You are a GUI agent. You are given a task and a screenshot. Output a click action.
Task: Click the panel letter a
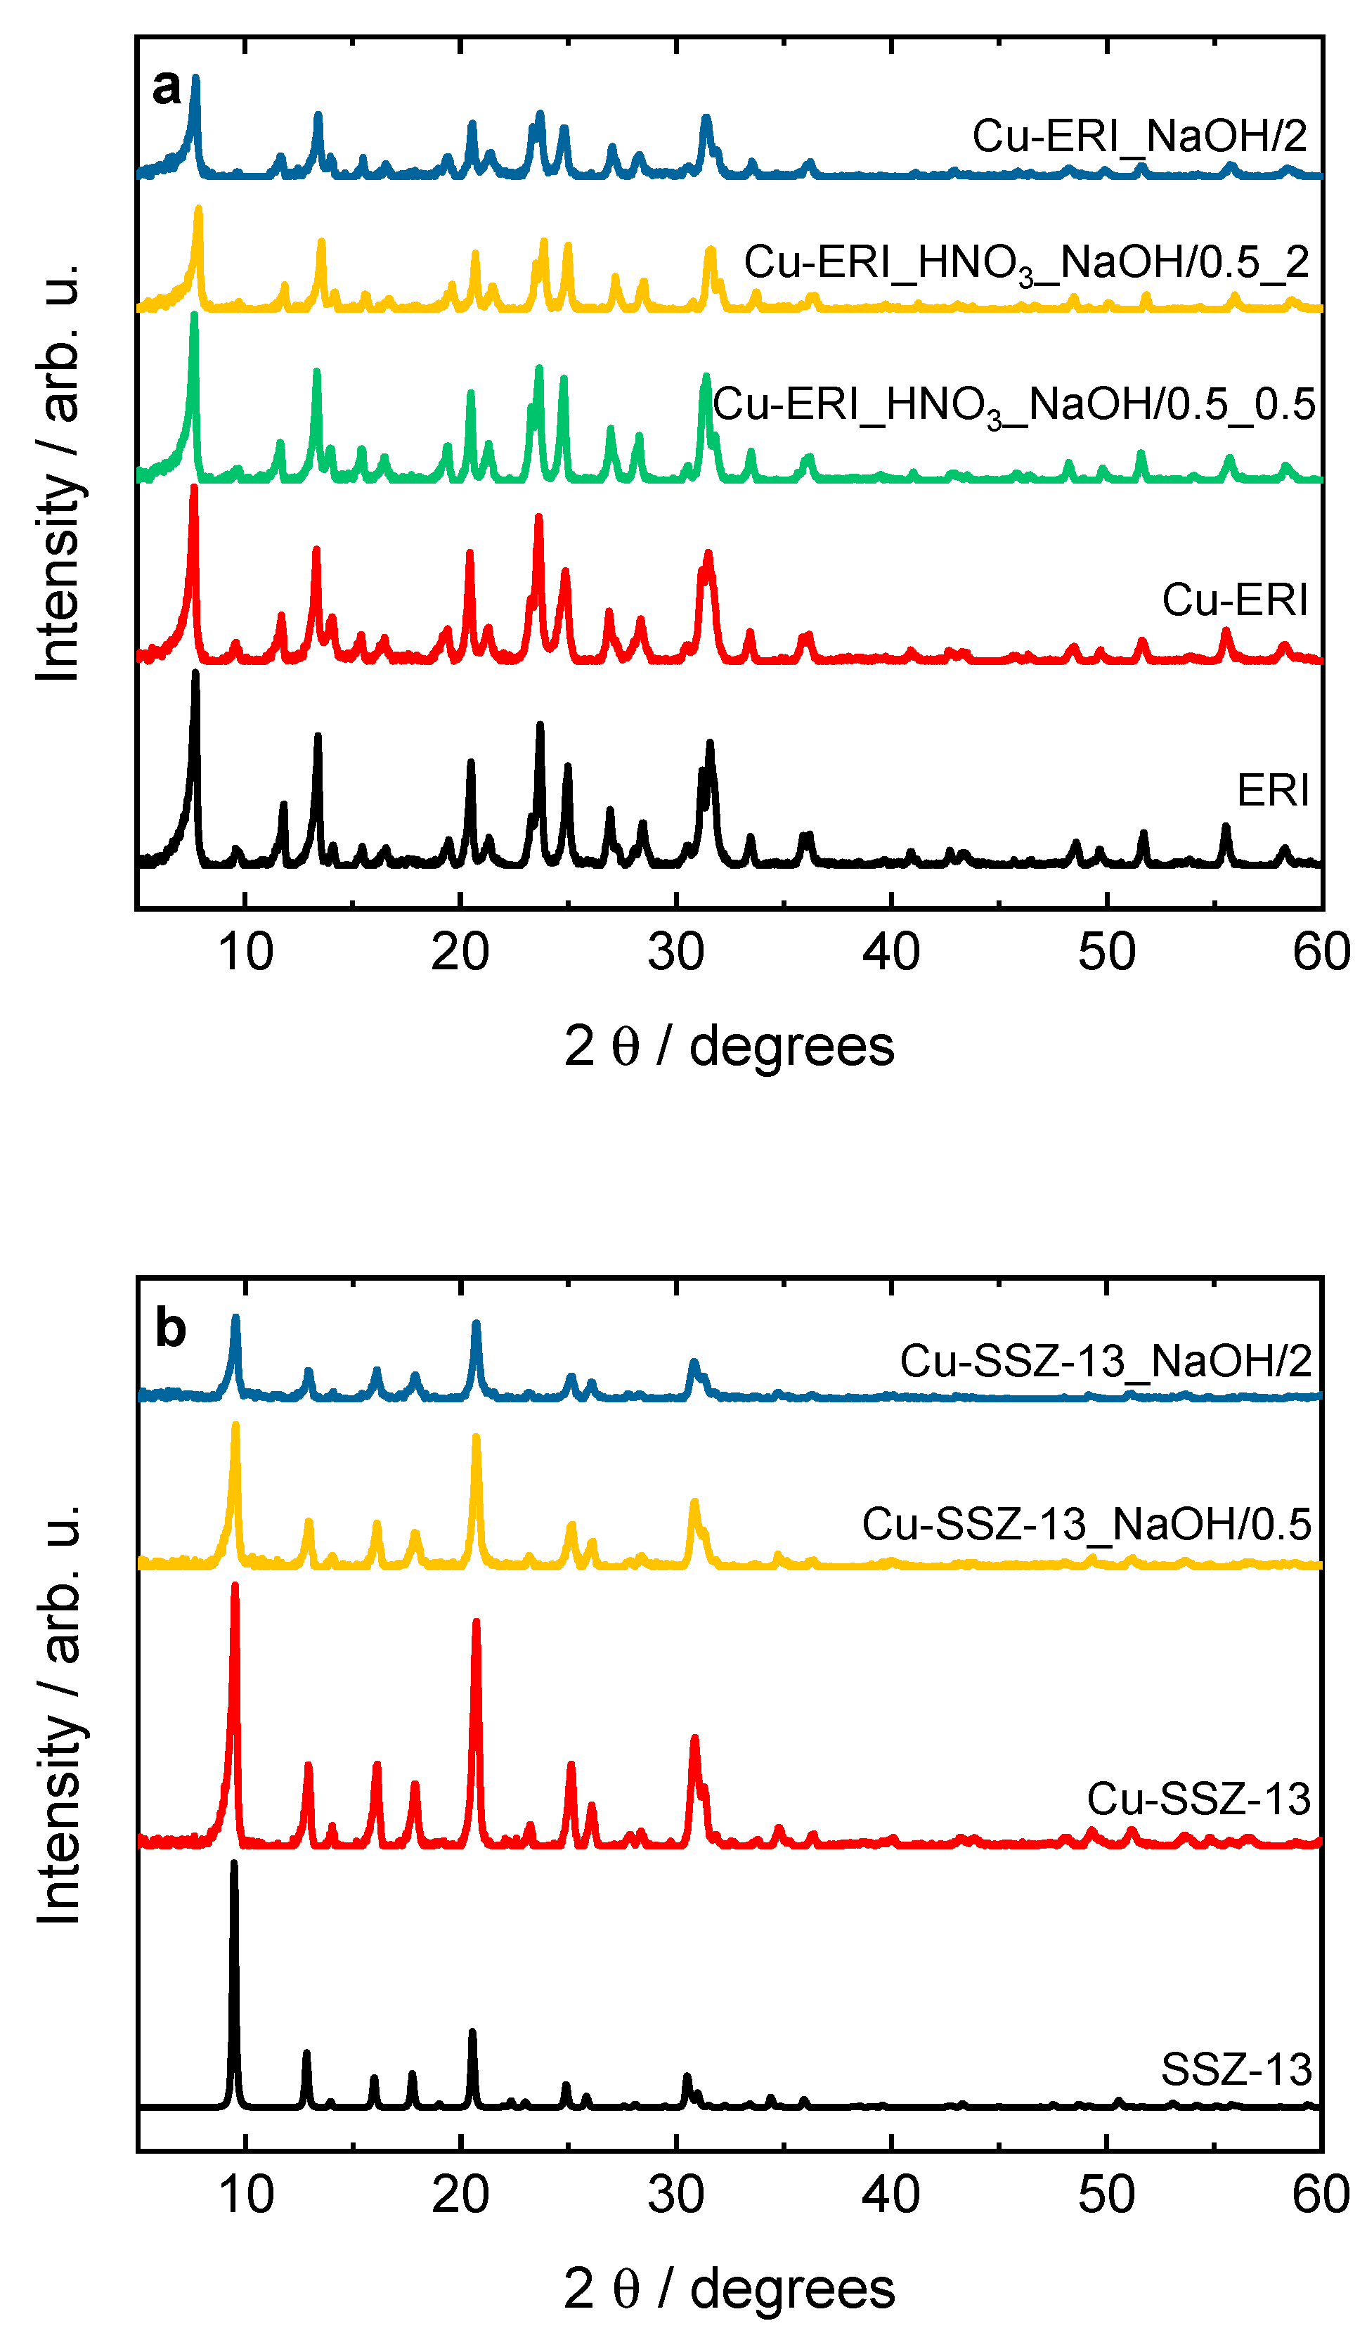point(167,88)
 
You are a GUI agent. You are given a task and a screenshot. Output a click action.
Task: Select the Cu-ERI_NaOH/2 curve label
point(1139,136)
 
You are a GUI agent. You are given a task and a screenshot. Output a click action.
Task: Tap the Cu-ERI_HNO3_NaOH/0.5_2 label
point(1025,264)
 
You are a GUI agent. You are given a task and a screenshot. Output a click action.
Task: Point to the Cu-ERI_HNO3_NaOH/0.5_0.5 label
point(1014,406)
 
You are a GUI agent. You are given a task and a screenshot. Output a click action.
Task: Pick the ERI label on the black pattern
point(1271,791)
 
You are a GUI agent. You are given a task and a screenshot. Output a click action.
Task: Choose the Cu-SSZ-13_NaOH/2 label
point(1104,1362)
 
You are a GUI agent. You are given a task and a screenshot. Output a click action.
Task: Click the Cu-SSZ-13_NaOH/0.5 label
point(1086,1525)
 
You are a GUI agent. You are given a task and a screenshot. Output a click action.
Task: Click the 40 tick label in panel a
point(890,952)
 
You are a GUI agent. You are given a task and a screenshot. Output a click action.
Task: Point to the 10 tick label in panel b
point(245,2196)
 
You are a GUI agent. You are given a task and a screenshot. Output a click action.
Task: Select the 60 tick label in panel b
point(1320,2196)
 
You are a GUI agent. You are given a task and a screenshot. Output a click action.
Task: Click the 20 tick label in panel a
point(460,952)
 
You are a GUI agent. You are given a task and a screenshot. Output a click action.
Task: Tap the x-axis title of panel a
point(729,1047)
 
